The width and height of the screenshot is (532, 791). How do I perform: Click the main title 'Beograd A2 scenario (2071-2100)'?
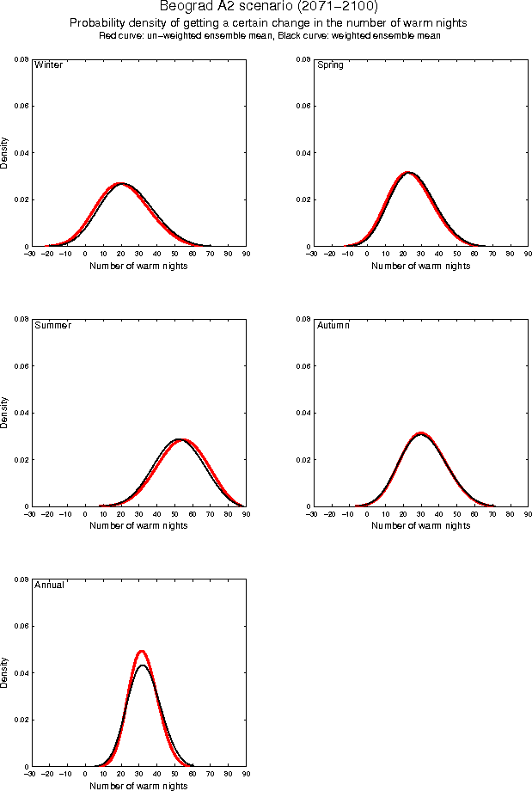click(268, 8)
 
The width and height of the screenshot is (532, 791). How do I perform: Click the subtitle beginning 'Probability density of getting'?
click(268, 23)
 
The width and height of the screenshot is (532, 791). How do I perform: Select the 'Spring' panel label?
click(330, 64)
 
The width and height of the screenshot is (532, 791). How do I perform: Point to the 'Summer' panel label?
click(52, 325)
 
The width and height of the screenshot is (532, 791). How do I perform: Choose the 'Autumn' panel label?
click(333, 325)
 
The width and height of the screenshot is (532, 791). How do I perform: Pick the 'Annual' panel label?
click(49, 586)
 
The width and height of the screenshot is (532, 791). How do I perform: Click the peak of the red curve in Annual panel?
click(141, 651)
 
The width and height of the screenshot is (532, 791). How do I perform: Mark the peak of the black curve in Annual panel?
click(142, 665)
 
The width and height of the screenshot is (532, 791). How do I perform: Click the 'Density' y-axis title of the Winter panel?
click(5, 152)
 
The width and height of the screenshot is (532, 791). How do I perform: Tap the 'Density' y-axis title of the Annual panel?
click(5, 672)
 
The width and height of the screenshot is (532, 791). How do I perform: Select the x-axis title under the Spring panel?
click(420, 267)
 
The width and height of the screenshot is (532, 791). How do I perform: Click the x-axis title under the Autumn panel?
click(420, 526)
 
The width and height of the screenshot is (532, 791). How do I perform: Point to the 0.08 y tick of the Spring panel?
click(303, 59)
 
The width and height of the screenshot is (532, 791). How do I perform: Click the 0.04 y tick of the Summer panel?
click(21, 413)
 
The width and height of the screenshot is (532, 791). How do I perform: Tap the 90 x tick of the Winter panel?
click(246, 254)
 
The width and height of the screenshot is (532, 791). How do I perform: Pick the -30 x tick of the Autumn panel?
click(312, 514)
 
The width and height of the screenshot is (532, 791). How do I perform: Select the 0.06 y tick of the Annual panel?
click(21, 626)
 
